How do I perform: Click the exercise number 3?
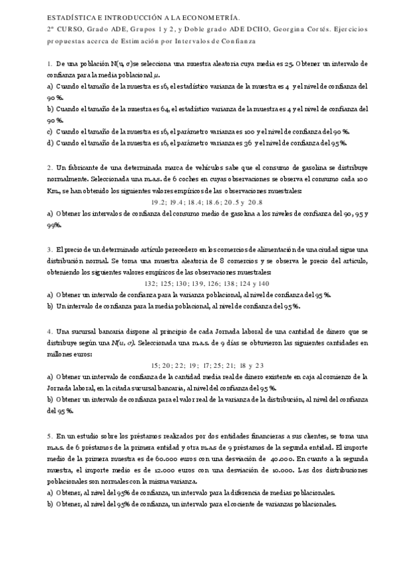point(50,249)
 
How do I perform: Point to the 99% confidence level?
point(54,225)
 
